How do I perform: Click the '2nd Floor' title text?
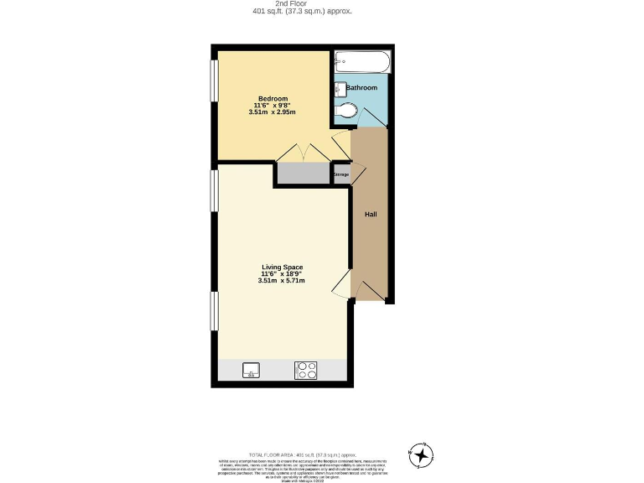tap(302, 3)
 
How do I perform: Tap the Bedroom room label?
tap(273, 98)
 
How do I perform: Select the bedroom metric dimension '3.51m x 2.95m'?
tap(273, 112)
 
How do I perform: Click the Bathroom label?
tap(361, 87)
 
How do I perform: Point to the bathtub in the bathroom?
tap(361, 62)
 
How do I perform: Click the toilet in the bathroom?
tap(346, 110)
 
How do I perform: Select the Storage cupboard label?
tap(341, 174)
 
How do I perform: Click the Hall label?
tap(370, 215)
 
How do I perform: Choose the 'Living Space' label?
tap(281, 267)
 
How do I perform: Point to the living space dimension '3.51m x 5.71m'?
tap(281, 281)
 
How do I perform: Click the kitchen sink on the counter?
tap(251, 370)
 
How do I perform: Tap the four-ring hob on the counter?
tap(304, 370)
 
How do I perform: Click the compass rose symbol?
tap(421, 454)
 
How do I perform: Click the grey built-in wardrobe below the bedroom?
tap(304, 174)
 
